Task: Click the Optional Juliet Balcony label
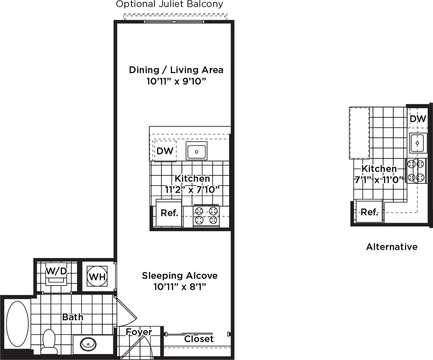coord(169,4)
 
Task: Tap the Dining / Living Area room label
coord(176,70)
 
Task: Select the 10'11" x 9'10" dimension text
coord(176,82)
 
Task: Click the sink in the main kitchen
coord(197,151)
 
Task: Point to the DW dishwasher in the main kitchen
coord(165,151)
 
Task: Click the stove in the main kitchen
coord(206,216)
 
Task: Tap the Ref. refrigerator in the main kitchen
coord(169,213)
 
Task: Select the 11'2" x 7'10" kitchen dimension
coord(192,190)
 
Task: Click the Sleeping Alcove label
coord(180,275)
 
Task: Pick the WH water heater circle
coord(97,276)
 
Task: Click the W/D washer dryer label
coord(56,271)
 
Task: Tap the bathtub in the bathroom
coord(17,324)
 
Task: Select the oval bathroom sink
coord(88,344)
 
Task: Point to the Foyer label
coord(139,332)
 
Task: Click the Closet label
coord(199,339)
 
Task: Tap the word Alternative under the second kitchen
coord(392,247)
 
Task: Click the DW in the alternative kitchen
coord(418,119)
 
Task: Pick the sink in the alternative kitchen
coord(417,143)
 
